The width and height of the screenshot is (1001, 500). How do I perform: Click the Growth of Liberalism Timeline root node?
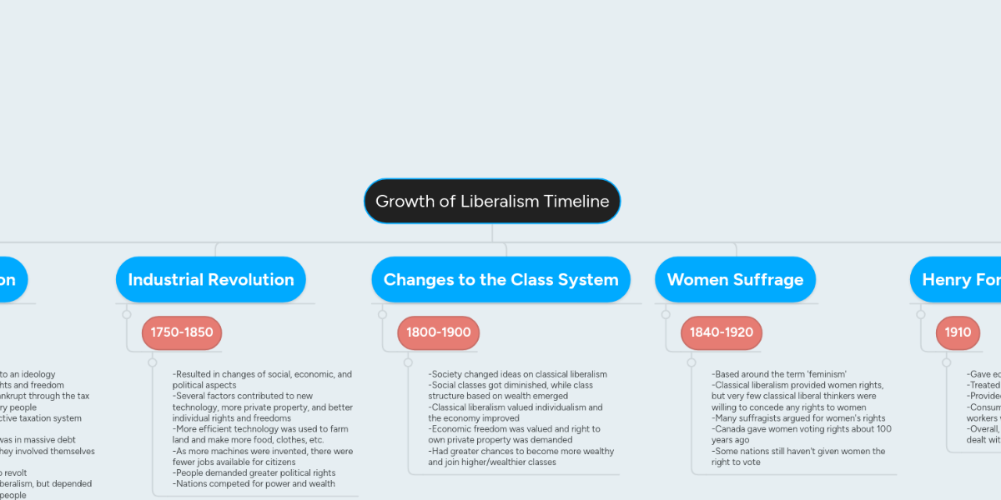492,201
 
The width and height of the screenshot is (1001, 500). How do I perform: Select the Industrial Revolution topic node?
211,280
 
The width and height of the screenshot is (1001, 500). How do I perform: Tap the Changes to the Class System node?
500,280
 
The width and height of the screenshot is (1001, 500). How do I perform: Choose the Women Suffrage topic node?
735,280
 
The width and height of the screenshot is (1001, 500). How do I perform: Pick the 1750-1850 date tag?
182,332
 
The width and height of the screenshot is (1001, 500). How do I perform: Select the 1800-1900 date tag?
438,332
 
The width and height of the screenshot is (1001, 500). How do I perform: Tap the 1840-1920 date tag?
721,332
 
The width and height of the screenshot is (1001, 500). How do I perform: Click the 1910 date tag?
958,332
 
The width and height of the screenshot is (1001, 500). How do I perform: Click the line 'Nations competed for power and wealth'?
254,483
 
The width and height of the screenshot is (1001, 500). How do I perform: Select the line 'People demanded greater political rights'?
254,472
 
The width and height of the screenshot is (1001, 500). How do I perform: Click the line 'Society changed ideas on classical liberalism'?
518,375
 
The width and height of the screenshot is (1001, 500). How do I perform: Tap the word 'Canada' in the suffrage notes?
728,429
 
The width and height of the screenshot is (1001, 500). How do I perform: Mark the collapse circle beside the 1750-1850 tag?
127,314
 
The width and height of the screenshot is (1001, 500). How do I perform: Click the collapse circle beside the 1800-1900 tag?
382,314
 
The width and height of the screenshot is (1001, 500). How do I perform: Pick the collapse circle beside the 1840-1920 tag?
666,314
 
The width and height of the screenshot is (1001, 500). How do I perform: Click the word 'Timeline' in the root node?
576,201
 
